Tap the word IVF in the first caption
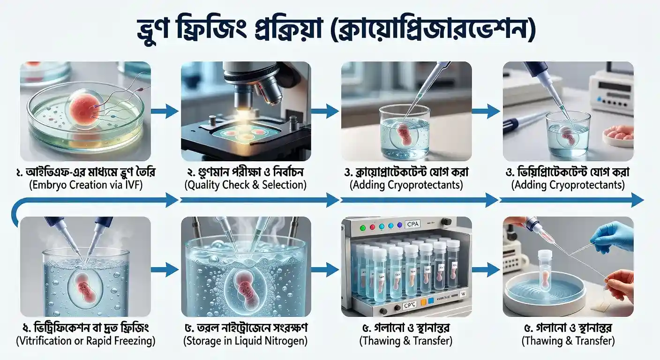coord(133,185)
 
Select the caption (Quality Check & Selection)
coord(246,185)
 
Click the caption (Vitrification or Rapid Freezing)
coord(85,341)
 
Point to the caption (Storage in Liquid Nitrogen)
coord(246,341)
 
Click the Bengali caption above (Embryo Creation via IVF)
coord(85,172)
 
